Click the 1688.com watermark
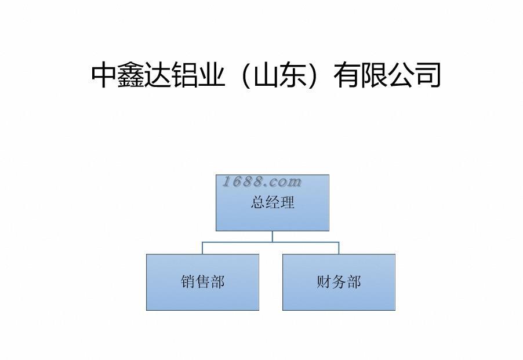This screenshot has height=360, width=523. (x=262, y=182)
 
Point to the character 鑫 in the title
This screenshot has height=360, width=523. (x=132, y=75)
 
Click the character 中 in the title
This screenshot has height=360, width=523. (x=105, y=75)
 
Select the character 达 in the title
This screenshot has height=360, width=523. (x=159, y=75)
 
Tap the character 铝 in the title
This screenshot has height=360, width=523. (x=186, y=75)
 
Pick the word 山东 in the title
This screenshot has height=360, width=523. (x=278, y=75)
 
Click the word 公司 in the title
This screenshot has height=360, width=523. (x=414, y=75)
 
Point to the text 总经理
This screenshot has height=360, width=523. (x=273, y=202)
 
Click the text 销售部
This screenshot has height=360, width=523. (x=202, y=282)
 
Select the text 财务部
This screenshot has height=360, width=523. (x=339, y=282)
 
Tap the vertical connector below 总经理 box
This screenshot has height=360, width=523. (x=272, y=236)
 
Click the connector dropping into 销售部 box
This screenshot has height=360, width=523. (x=202, y=248)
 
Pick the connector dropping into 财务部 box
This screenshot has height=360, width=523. (x=339, y=248)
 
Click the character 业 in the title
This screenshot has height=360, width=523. (x=212, y=75)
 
